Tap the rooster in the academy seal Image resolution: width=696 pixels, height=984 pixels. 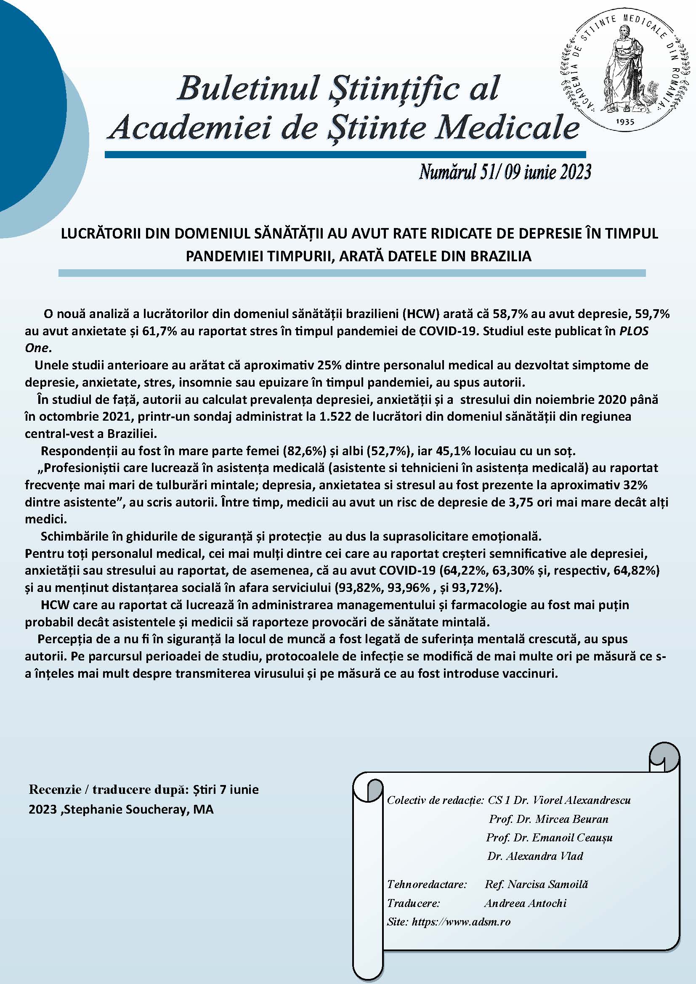650,94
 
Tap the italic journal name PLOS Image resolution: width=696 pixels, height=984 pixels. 633,331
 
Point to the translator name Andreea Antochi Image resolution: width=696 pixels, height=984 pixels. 525,903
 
